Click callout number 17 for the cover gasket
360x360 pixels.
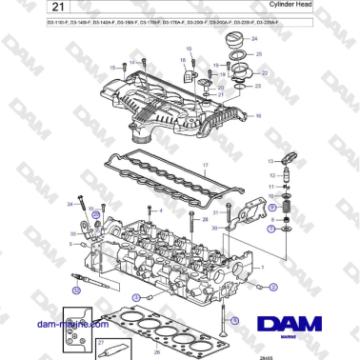(203, 165)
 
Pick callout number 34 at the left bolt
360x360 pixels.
(70, 204)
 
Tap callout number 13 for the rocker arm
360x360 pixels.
(270, 162)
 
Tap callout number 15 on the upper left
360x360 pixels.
(111, 68)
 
